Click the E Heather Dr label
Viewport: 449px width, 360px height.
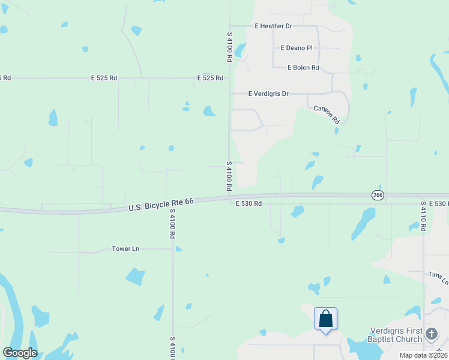point(273,26)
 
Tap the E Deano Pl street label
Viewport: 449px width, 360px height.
point(297,48)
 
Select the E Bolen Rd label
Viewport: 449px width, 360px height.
point(303,68)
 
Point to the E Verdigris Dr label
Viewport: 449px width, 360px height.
point(268,94)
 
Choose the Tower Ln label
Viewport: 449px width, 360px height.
point(125,248)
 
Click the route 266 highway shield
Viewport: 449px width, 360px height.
point(377,195)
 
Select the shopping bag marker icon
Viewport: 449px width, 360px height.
point(325,318)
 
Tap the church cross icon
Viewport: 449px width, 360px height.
point(431,334)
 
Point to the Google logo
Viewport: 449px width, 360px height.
point(20,353)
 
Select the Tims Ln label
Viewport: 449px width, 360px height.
point(438,278)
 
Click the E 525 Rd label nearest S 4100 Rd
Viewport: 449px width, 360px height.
point(210,78)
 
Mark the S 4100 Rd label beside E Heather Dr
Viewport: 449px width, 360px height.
point(229,47)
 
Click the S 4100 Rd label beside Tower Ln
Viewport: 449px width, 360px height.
point(172,224)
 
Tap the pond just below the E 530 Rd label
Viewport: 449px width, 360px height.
point(297,211)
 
